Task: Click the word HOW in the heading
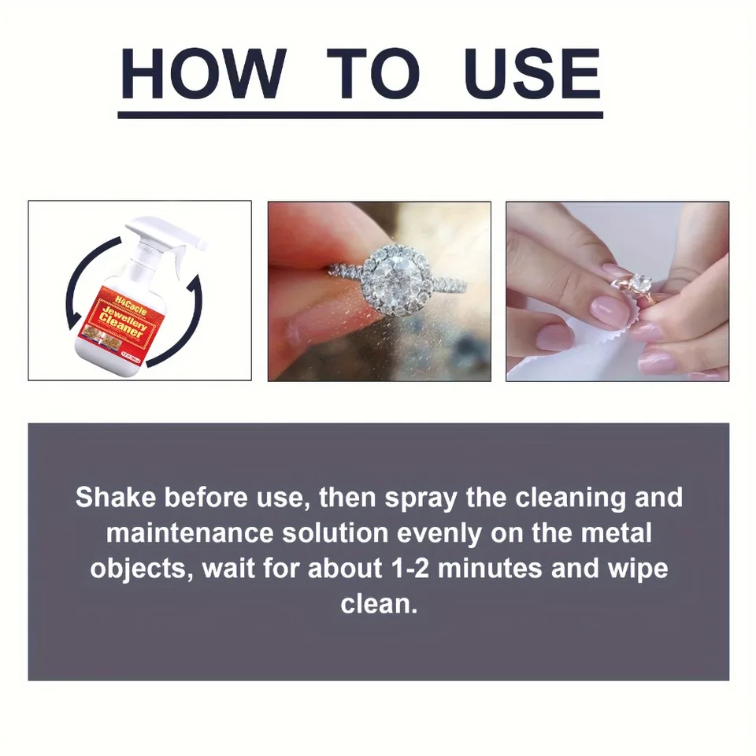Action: click(202, 75)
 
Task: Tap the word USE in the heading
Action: click(532, 75)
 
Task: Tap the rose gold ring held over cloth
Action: click(637, 288)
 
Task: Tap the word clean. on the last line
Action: click(378, 603)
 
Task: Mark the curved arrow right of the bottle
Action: click(189, 315)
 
